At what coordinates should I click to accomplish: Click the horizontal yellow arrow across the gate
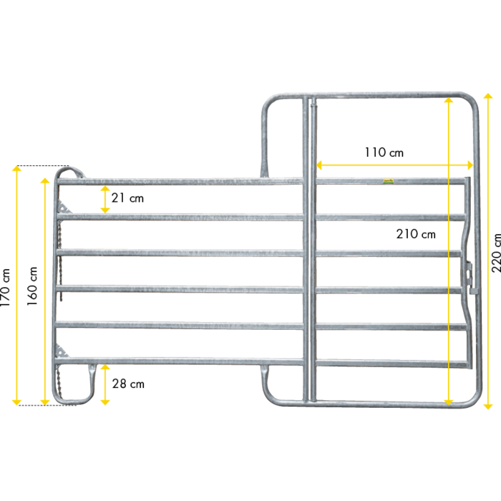(x=394, y=165)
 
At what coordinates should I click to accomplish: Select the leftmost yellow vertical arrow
(x=17, y=286)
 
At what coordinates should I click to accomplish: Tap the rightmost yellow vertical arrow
(x=487, y=250)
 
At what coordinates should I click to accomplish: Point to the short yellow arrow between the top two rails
(x=105, y=200)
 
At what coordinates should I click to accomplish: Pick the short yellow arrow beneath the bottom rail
(x=105, y=385)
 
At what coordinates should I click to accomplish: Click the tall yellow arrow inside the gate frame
(x=449, y=250)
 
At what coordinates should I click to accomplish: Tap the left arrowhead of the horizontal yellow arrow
(x=320, y=165)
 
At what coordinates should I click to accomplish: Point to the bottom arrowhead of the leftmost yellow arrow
(x=17, y=402)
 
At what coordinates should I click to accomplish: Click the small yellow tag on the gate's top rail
(x=389, y=180)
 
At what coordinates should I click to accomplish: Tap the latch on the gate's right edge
(x=470, y=276)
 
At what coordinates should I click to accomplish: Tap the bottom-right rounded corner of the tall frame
(x=473, y=399)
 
